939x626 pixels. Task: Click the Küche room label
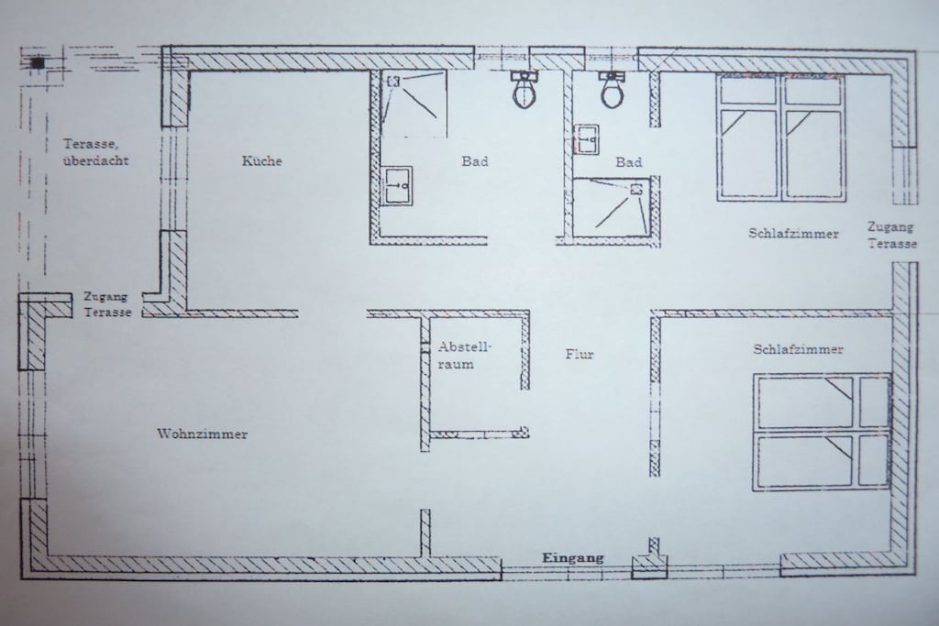[x=261, y=160]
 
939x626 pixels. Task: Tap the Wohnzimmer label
[x=203, y=434]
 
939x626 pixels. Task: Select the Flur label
[x=580, y=354]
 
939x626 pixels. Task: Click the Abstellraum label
[x=463, y=355]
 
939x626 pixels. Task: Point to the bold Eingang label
[x=572, y=558]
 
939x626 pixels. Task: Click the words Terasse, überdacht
[x=95, y=152]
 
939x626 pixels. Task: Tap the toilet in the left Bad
[x=525, y=90]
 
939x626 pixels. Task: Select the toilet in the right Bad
[x=612, y=90]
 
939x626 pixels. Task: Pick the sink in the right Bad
[x=586, y=138]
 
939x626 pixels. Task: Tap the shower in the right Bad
[x=612, y=206]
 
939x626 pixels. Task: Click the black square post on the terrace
[x=38, y=62]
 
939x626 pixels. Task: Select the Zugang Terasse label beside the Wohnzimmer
[x=106, y=304]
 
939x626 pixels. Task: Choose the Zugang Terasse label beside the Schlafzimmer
[x=891, y=236]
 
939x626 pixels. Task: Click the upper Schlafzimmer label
[x=793, y=234]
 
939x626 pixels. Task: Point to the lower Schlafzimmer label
[x=798, y=349]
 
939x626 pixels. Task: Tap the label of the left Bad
[x=474, y=161]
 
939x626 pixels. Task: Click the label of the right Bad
[x=628, y=161]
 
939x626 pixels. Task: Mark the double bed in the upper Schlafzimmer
[x=781, y=138]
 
